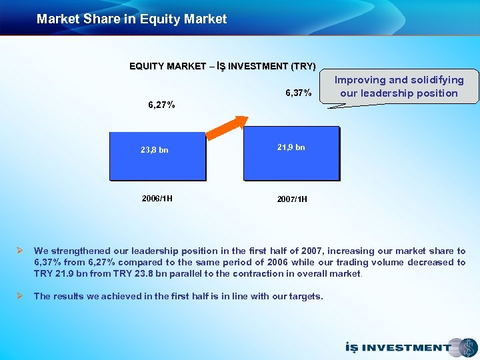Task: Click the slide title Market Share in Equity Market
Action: (x=131, y=19)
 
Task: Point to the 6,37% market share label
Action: (x=298, y=93)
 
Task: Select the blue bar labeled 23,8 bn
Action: (x=157, y=153)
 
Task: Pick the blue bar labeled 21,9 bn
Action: (x=291, y=153)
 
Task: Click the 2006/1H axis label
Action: (x=157, y=198)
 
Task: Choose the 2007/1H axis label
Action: (x=291, y=199)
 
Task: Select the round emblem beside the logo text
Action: (x=463, y=347)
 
